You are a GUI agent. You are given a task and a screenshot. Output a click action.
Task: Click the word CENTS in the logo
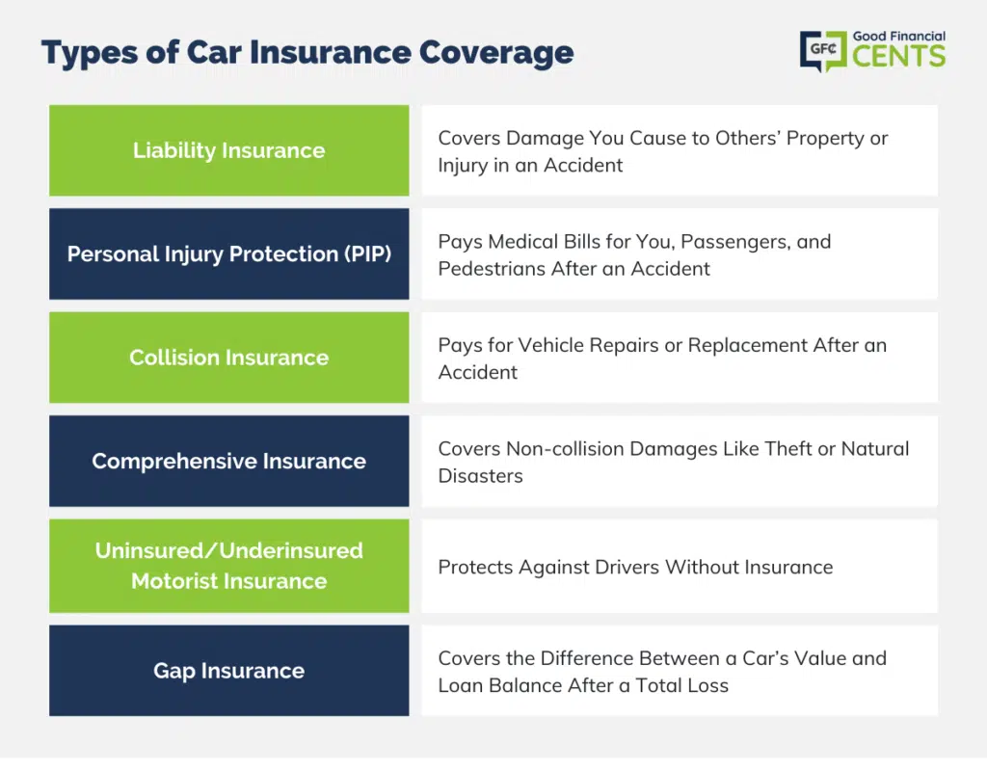[899, 55]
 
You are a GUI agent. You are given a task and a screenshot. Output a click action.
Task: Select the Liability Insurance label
[229, 150]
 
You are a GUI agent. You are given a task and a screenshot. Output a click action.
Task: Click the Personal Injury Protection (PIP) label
[229, 253]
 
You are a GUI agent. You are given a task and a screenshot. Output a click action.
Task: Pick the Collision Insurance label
[229, 358]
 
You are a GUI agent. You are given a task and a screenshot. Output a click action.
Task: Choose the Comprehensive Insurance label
[229, 462]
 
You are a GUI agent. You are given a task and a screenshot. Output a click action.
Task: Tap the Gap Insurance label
[229, 671]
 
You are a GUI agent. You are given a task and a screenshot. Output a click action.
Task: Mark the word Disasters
[480, 476]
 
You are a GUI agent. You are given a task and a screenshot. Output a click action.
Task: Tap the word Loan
[460, 685]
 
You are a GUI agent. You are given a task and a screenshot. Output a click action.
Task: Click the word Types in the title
[90, 55]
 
